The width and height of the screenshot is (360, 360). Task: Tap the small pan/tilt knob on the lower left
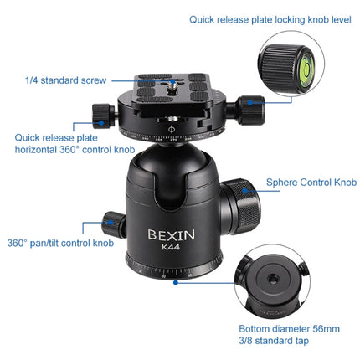[x=112, y=224]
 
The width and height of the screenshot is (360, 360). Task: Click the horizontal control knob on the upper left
[x=101, y=115]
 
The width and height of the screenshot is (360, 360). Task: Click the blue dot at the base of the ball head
[x=174, y=282]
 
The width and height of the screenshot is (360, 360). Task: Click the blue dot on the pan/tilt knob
[x=108, y=224]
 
